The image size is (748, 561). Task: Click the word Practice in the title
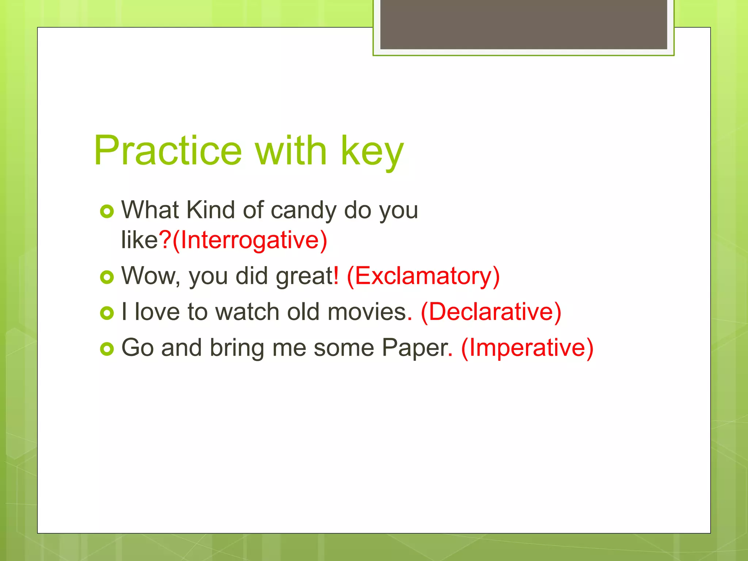[x=168, y=150]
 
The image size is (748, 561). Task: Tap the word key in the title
[x=372, y=152]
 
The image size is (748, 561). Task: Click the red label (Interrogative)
[x=249, y=240]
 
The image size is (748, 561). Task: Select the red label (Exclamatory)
[x=423, y=276]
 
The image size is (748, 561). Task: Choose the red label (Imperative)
[x=527, y=347]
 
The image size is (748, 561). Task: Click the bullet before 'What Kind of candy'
[x=107, y=211]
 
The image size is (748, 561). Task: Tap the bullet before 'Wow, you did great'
[x=107, y=277]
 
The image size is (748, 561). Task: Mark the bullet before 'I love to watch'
[x=107, y=313]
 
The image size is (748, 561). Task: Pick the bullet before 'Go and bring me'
[x=107, y=349]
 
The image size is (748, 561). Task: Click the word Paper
[x=414, y=348]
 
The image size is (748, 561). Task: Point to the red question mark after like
[x=165, y=240]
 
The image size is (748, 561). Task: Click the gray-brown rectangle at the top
[x=523, y=24]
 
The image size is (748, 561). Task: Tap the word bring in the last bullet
[x=237, y=348]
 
